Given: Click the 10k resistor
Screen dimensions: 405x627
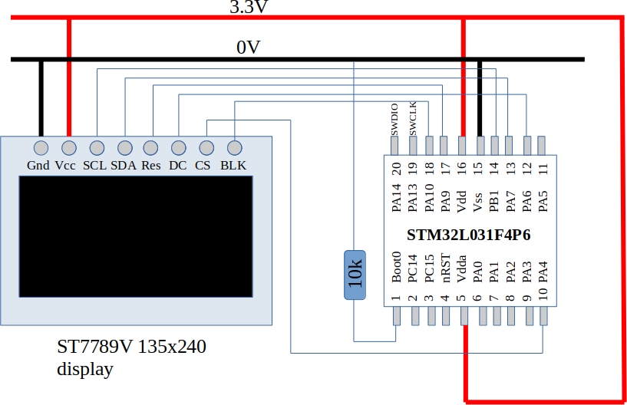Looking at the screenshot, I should (355, 275).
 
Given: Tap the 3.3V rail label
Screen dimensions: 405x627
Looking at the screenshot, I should (249, 8).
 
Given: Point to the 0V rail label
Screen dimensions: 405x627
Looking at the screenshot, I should (248, 48).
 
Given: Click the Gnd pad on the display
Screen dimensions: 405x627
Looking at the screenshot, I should (41, 147).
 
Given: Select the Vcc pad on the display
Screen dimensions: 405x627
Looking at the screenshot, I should (68, 147).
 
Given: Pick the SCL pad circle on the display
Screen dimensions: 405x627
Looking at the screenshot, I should (97, 147).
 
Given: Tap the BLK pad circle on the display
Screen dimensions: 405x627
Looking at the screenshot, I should (234, 147).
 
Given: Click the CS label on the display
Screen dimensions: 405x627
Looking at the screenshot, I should (203, 165).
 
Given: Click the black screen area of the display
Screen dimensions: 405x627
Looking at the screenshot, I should (136, 235).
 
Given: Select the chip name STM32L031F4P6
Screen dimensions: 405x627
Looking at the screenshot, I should (468, 235).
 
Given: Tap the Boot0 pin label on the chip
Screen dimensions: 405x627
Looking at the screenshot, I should (396, 268).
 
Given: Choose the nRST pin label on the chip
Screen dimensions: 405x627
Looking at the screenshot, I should (446, 270).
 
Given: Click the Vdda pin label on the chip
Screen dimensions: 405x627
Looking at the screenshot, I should (462, 269).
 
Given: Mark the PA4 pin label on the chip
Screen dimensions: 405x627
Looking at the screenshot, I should (543, 272).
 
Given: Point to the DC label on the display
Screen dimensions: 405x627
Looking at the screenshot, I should (177, 165).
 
